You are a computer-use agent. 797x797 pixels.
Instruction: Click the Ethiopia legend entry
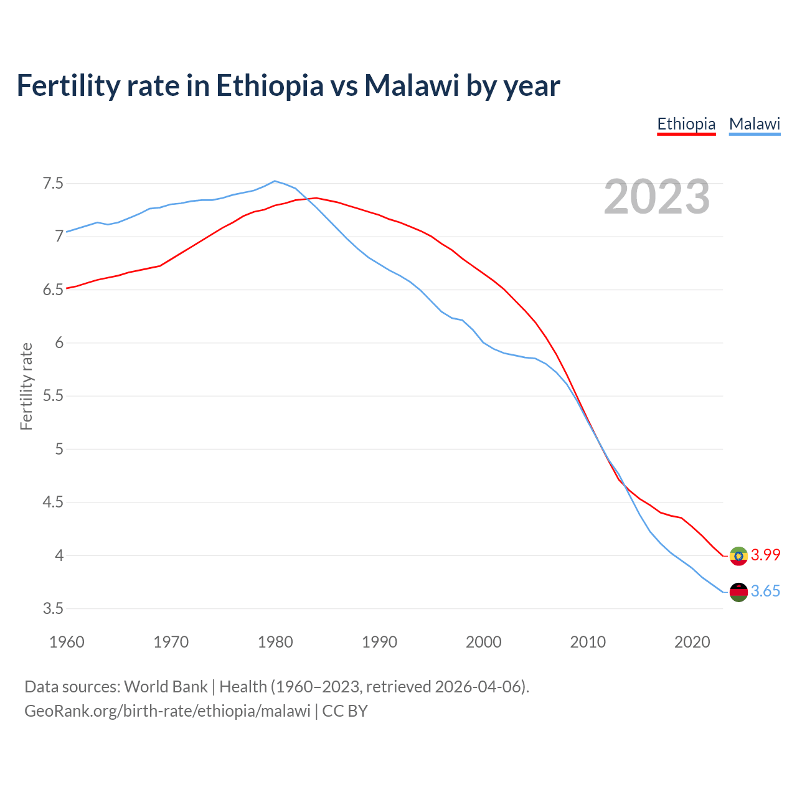click(x=686, y=124)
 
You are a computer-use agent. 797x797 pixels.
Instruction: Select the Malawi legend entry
click(x=755, y=124)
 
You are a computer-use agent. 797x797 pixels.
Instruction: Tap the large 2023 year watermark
click(x=657, y=197)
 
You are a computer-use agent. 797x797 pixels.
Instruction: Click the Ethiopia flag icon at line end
click(x=738, y=555)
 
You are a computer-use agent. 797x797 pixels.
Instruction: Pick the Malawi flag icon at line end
click(x=738, y=592)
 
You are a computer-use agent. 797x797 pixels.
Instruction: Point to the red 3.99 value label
click(x=765, y=555)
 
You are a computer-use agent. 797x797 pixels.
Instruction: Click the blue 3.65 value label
click(x=765, y=591)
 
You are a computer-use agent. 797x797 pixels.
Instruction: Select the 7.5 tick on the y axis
click(x=53, y=184)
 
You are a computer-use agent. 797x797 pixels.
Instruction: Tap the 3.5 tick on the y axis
click(x=53, y=608)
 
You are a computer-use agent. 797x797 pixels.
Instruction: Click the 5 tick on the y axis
click(x=59, y=449)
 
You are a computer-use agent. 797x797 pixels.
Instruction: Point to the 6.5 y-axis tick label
click(x=53, y=290)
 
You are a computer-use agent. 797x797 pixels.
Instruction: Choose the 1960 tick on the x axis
click(x=67, y=642)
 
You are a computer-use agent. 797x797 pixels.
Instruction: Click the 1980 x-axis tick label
click(x=275, y=642)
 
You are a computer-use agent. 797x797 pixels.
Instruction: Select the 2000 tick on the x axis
click(x=484, y=642)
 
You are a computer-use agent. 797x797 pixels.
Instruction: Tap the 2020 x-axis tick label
click(x=692, y=642)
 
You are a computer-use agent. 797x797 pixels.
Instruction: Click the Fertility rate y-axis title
click(x=26, y=386)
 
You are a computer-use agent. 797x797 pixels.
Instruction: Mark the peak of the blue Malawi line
click(x=275, y=181)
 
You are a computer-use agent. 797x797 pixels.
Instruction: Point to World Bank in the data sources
click(x=166, y=687)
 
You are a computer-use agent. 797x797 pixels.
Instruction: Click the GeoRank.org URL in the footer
click(x=167, y=711)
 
